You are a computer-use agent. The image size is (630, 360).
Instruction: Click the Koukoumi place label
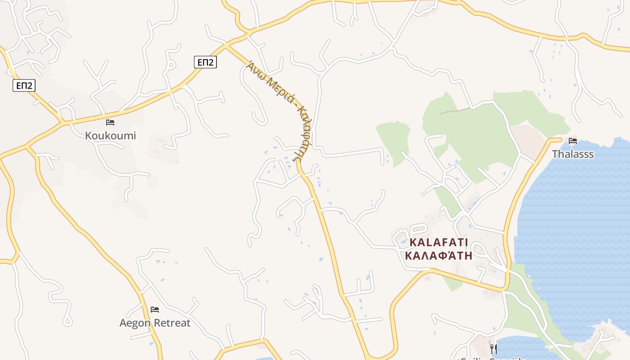110,135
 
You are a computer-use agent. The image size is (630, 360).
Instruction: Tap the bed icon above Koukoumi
110,122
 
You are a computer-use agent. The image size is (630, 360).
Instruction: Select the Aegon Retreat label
155,323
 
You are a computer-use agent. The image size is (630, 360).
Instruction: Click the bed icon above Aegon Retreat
155,310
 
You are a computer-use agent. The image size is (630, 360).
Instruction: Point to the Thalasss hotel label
573,154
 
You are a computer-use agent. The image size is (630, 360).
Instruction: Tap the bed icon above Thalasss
573,141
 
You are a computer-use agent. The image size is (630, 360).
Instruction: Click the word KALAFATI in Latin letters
439,243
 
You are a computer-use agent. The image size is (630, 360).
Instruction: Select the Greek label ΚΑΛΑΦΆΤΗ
439,256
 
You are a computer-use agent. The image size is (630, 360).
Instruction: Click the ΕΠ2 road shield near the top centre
206,63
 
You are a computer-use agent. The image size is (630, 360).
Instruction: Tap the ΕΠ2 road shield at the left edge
24,85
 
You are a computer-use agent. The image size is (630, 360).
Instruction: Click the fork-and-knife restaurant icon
494,349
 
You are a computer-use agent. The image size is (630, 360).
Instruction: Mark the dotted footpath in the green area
454,111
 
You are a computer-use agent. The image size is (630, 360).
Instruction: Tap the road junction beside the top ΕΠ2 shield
225,45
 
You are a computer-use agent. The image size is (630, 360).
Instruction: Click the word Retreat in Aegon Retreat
172,323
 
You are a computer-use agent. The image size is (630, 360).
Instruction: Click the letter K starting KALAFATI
413,243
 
